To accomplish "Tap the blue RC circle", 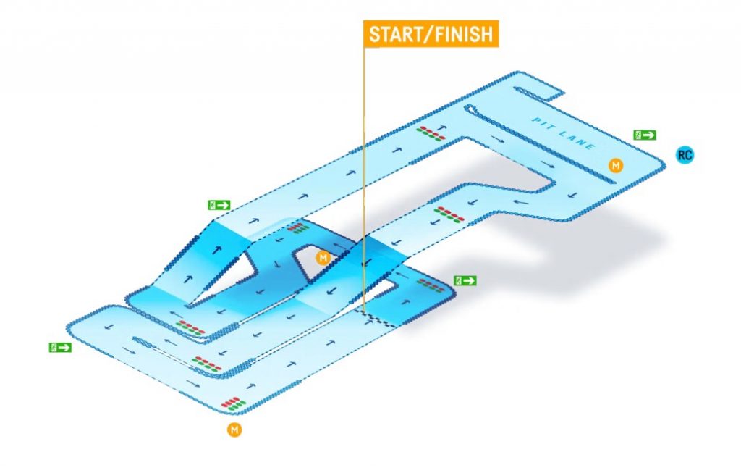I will click(x=684, y=154).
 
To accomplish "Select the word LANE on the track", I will click(x=579, y=141).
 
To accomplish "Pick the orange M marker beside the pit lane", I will click(x=616, y=166).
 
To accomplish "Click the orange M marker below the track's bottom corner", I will click(x=234, y=430).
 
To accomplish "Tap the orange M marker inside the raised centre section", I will click(x=323, y=257).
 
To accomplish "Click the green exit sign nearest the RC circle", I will click(x=645, y=135).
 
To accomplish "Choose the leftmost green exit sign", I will click(x=60, y=348).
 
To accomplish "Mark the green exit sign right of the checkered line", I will click(x=465, y=280).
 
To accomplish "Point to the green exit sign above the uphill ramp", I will click(x=219, y=205).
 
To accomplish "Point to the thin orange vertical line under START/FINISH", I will click(x=364, y=181).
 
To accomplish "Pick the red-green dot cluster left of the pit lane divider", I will click(x=432, y=132).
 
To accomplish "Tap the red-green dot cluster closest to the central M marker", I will click(x=297, y=228).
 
